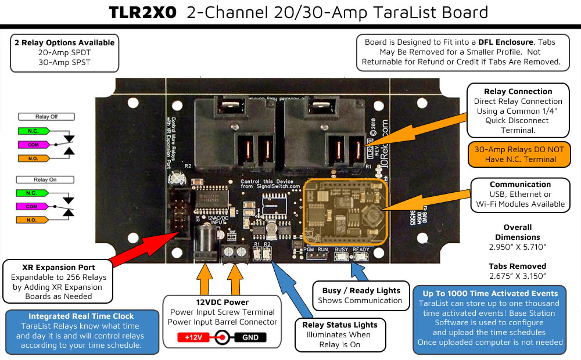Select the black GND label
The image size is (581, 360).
[x=250, y=337]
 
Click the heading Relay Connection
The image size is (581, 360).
[x=518, y=91]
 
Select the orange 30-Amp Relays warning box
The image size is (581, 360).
[x=518, y=154]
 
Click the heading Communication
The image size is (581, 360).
[x=520, y=184]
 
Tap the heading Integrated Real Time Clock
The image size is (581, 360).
[x=81, y=316]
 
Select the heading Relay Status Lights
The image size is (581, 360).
[x=340, y=325]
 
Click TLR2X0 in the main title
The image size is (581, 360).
[x=142, y=13]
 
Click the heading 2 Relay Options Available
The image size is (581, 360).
[x=64, y=42]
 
